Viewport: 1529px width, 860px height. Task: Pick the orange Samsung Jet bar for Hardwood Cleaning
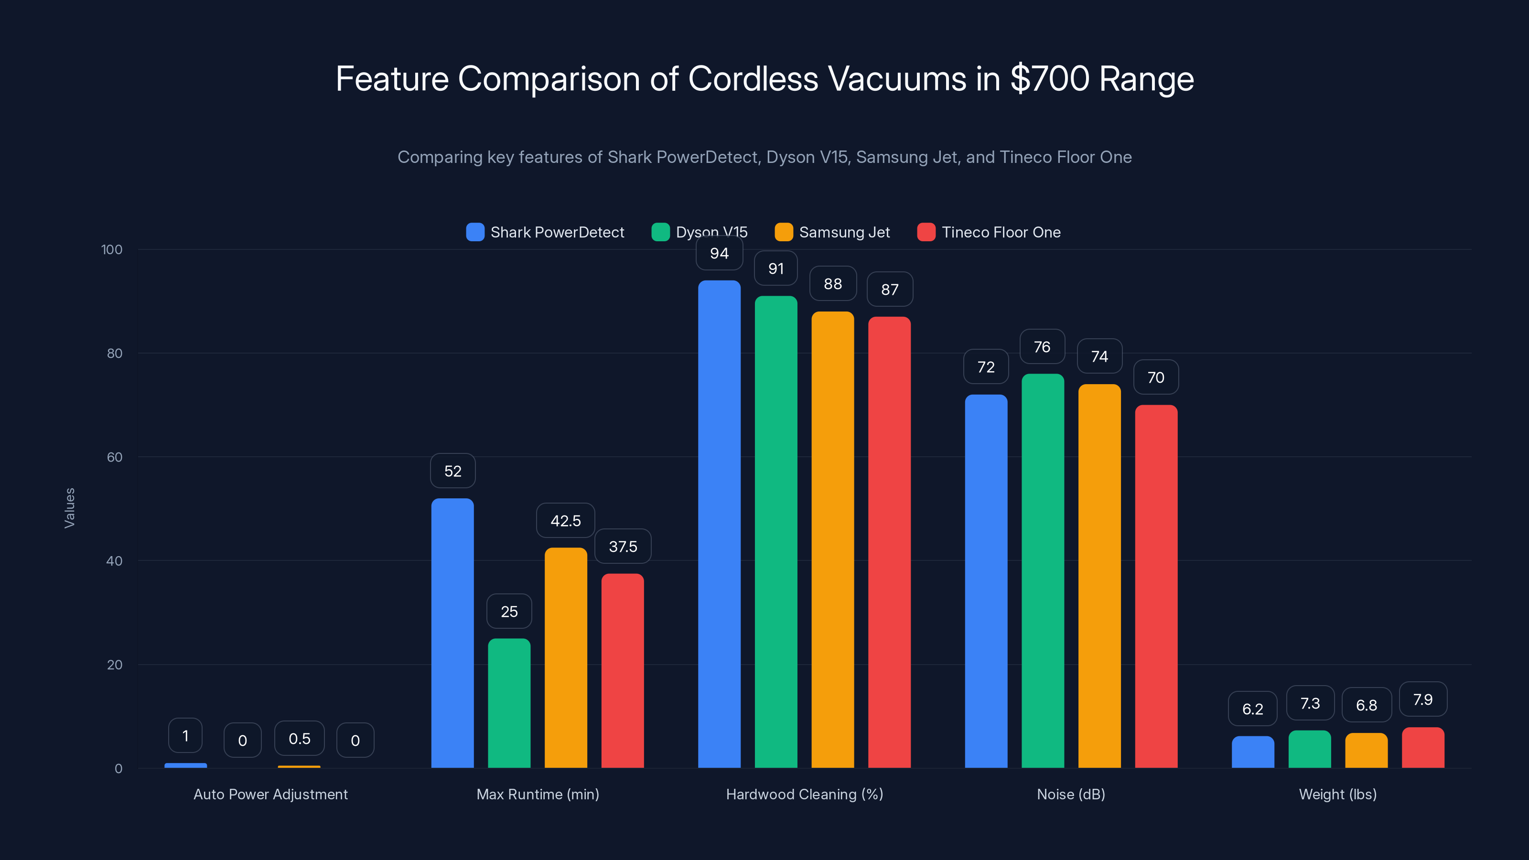(x=832, y=539)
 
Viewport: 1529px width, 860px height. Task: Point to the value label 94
(x=719, y=253)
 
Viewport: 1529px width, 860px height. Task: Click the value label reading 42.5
(x=565, y=521)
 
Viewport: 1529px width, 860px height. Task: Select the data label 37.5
(x=623, y=547)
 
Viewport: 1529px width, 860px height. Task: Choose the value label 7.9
(x=1423, y=700)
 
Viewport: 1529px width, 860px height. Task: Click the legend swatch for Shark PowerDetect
(x=475, y=232)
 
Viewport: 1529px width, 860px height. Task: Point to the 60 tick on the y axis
(x=114, y=457)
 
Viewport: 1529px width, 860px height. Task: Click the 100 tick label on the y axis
(x=112, y=249)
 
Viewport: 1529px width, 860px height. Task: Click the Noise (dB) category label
(x=1071, y=794)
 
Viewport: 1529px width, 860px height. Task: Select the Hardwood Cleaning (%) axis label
(x=804, y=794)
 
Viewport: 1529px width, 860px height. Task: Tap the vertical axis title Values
(x=69, y=507)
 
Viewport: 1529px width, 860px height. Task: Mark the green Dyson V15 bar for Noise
(x=1042, y=570)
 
